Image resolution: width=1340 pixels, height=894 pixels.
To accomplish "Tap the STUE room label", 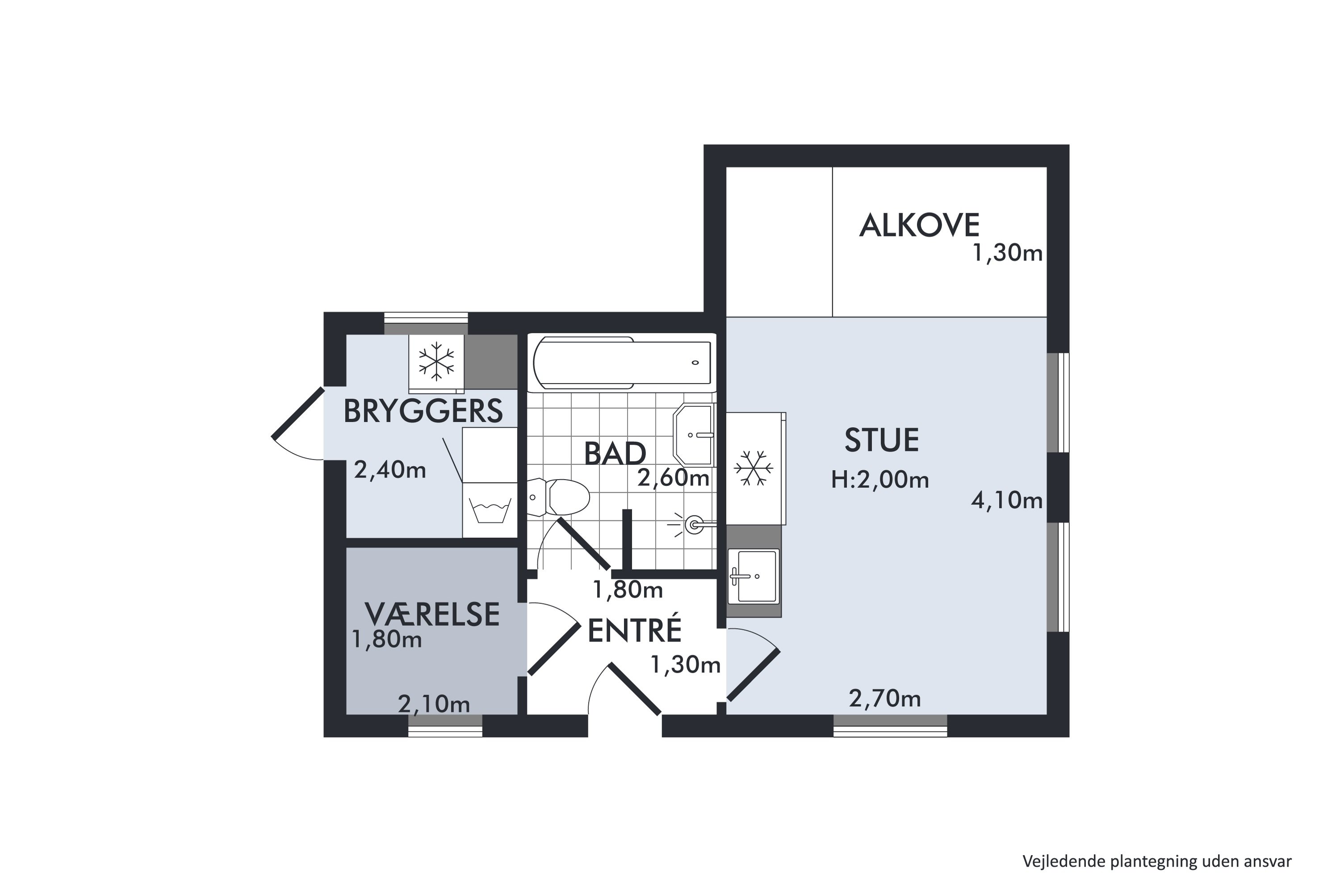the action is point(881,440).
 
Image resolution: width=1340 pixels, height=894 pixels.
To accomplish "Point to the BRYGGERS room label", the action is point(423,411).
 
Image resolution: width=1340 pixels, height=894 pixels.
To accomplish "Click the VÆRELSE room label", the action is point(432,615).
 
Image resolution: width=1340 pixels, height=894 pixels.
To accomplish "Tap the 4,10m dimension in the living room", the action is point(1007,501).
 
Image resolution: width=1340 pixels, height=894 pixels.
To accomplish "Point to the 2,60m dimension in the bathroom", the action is point(674,478).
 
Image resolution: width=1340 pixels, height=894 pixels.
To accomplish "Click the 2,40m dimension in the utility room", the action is point(390,470).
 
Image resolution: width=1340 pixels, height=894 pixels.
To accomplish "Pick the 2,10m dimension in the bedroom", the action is point(434,704).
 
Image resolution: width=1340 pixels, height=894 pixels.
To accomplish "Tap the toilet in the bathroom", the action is point(558,497).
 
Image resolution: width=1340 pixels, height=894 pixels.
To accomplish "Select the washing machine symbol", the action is point(490,510).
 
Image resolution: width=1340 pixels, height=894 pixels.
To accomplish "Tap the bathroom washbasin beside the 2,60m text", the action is point(694,435).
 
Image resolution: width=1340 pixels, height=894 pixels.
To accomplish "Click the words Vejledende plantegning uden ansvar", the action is point(1157,861).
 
